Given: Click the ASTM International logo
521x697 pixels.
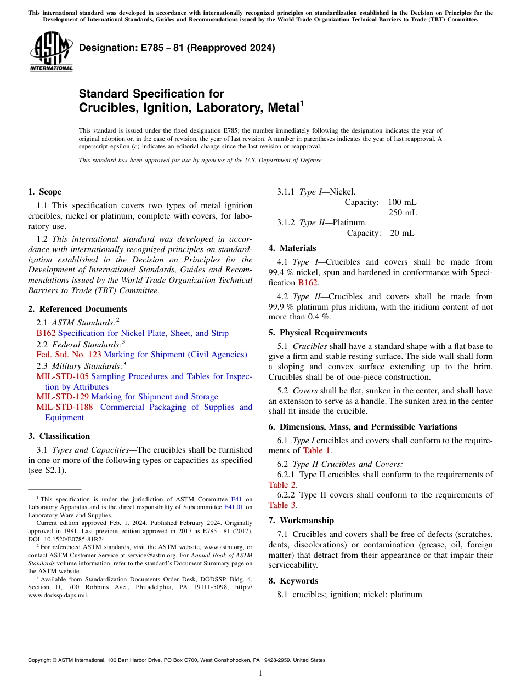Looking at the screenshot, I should pos(51,52).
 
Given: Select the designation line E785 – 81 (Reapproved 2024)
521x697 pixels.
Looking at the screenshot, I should pos(177,48).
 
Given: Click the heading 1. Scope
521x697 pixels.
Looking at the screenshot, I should pos(44,192).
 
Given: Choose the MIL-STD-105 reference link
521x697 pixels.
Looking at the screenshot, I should pos(63,376).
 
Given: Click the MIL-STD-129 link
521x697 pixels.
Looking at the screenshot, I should pos(63,397).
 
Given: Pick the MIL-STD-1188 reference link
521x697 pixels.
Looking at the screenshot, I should pos(65,407).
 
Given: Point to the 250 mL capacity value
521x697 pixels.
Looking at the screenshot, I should pos(403,213).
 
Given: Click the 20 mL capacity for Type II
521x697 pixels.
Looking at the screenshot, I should pos(402,233).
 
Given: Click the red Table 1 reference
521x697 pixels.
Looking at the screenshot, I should pos(316,450).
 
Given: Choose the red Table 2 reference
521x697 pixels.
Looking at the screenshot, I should pos(282,484).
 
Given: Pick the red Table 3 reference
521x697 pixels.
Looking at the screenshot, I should pos(282,505).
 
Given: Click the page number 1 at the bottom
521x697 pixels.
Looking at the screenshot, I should pos(260,673).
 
